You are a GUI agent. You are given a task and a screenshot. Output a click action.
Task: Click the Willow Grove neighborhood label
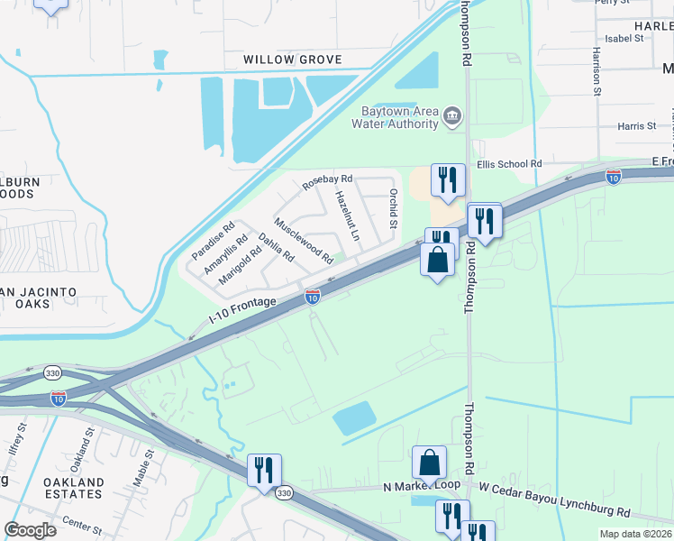coord(293,60)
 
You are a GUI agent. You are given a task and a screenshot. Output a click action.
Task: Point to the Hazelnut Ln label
coord(347,215)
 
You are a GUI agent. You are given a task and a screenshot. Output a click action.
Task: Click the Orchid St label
coord(392,208)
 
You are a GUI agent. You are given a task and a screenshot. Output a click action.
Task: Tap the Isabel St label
coord(624,39)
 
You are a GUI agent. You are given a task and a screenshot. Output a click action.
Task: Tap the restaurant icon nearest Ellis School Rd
coord(448,179)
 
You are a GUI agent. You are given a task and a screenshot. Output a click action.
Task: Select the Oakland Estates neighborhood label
coord(74,488)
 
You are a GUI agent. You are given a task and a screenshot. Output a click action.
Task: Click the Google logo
coord(30,530)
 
